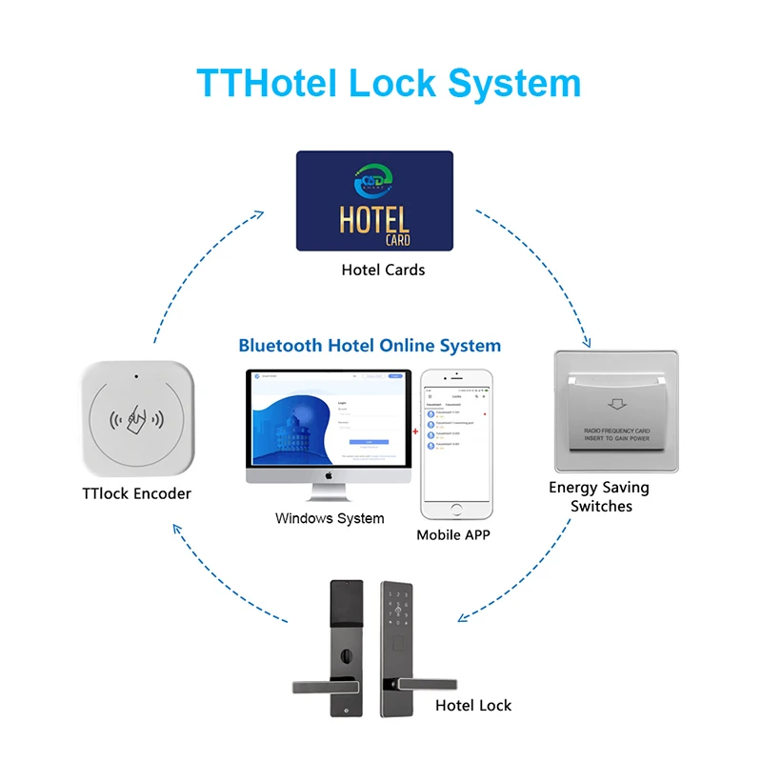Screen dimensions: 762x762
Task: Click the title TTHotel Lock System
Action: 389,83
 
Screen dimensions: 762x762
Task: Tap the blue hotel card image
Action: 374,201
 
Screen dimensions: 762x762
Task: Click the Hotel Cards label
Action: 383,270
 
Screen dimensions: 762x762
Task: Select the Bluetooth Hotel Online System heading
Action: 370,345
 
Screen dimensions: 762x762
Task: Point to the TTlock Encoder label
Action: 136,493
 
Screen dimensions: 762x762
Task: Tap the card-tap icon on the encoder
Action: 136,420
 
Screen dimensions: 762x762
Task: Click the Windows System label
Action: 330,518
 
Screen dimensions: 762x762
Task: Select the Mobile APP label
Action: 453,535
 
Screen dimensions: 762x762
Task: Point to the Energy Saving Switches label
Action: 599,496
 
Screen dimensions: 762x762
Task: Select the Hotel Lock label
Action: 473,706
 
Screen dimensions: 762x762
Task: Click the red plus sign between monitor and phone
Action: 414,431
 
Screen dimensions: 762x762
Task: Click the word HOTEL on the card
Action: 374,219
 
